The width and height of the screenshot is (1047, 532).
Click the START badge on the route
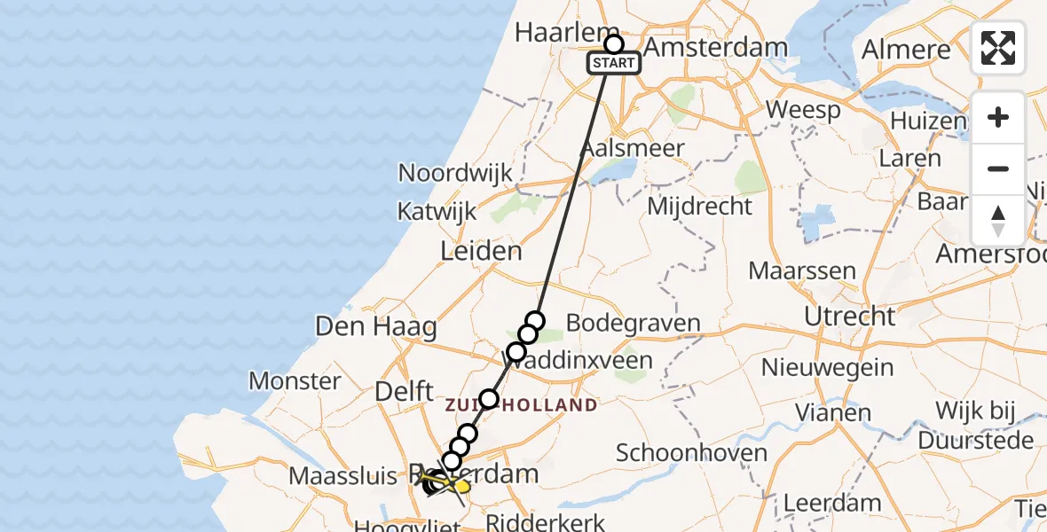click(x=613, y=63)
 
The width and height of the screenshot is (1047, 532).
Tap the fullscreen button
click(x=998, y=48)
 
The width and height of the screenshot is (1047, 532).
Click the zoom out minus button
click(x=998, y=169)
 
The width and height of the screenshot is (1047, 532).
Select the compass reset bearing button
click(x=998, y=220)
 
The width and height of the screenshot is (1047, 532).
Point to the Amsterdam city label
click(x=715, y=47)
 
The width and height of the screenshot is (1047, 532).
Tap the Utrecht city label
click(x=849, y=316)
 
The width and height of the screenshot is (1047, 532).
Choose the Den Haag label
click(x=376, y=326)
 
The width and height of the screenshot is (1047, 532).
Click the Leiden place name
click(x=482, y=251)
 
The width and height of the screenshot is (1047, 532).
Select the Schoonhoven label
click(x=691, y=453)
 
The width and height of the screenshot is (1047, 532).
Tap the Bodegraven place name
click(x=633, y=323)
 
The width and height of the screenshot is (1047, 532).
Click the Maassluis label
click(x=342, y=476)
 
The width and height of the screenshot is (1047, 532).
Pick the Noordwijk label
click(x=455, y=172)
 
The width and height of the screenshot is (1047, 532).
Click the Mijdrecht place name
click(x=700, y=207)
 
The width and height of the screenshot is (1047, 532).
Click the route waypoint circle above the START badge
click(x=614, y=43)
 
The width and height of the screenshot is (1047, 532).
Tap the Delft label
click(x=404, y=391)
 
